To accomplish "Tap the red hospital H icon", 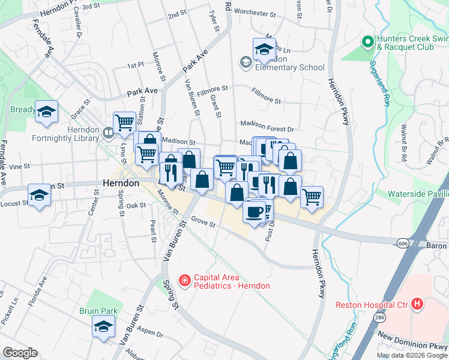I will [x=418, y=305].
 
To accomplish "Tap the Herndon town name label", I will [x=121, y=183].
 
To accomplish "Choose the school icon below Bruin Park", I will [x=103, y=327].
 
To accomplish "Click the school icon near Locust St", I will [x=40, y=195].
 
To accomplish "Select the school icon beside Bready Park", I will [x=46, y=112].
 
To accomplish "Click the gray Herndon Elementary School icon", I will [x=246, y=62].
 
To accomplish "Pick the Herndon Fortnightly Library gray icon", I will [x=108, y=133].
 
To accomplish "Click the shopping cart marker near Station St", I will [x=124, y=122].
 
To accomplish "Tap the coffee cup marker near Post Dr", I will [x=253, y=212].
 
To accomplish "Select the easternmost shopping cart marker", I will [x=312, y=196].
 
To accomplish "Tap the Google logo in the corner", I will [x=20, y=353].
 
